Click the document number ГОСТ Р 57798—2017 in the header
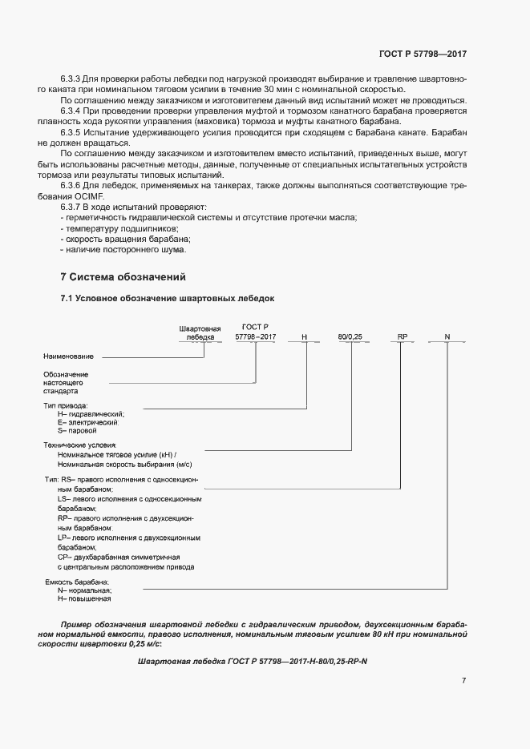(x=422, y=54)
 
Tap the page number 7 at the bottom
(x=463, y=680)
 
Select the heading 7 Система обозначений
(x=123, y=277)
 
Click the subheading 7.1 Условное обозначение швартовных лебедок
(x=168, y=299)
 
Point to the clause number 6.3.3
(x=71, y=80)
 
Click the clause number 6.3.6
(x=71, y=185)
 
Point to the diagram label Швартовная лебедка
(x=200, y=333)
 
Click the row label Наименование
(x=68, y=356)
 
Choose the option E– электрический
(x=88, y=422)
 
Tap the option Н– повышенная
(x=84, y=598)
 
